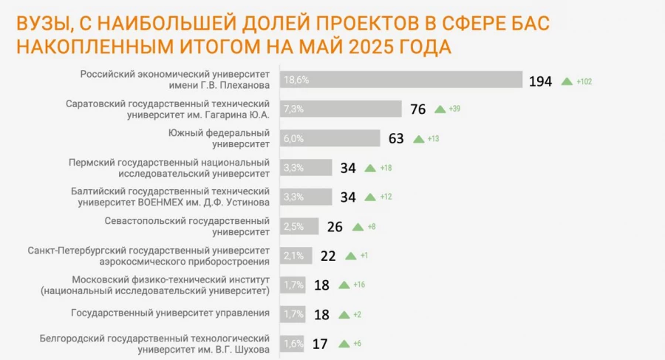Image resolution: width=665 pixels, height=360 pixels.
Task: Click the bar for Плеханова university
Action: click(x=401, y=80)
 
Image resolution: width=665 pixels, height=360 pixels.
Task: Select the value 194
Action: click(x=541, y=81)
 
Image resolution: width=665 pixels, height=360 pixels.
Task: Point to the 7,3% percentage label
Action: click(x=294, y=109)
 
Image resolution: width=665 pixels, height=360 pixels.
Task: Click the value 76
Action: click(x=417, y=109)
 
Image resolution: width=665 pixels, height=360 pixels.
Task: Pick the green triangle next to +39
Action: click(x=440, y=109)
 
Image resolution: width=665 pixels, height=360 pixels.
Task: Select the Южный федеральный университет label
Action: click(x=219, y=139)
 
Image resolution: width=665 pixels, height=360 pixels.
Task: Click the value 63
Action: click(x=397, y=138)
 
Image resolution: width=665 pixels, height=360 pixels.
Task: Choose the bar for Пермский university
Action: click(x=306, y=168)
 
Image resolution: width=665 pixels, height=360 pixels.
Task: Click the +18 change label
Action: click(x=386, y=169)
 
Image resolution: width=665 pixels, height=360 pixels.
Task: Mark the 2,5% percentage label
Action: click(x=293, y=225)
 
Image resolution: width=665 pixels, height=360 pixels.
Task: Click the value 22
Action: click(x=329, y=256)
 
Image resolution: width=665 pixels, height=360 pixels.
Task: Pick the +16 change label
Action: click(x=360, y=285)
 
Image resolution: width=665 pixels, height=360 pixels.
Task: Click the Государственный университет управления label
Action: click(x=170, y=313)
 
